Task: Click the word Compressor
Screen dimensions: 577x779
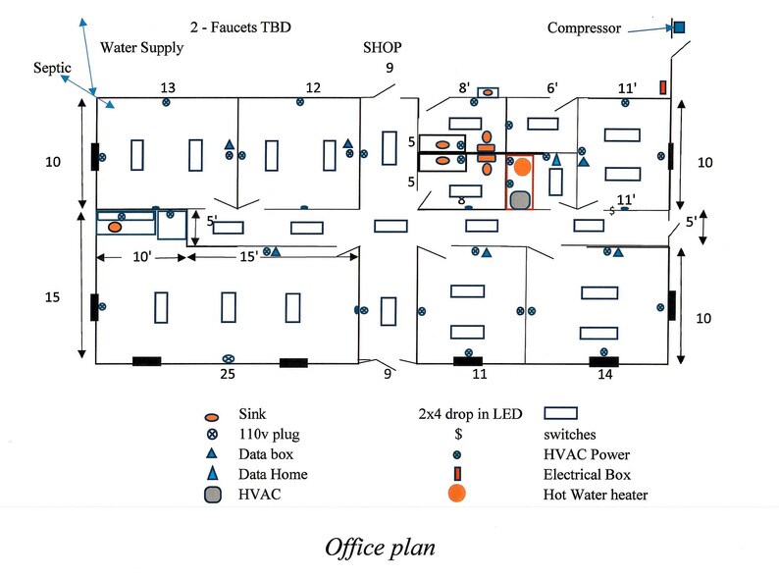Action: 584,27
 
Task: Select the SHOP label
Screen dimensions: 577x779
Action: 383,48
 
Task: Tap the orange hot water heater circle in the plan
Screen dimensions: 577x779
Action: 522,167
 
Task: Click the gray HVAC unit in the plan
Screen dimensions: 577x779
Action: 520,199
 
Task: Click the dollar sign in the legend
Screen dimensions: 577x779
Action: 457,434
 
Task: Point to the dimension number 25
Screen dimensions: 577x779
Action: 228,375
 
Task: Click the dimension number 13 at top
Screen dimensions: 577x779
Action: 168,88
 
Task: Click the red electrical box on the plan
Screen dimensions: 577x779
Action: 663,87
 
